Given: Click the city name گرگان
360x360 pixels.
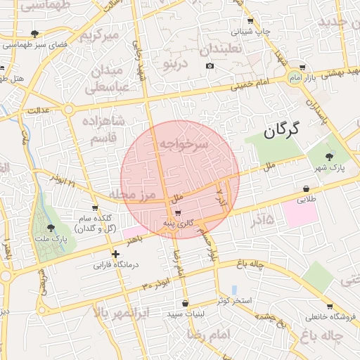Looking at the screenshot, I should pyautogui.click(x=282, y=130).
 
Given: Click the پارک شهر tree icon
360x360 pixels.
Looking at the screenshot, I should pyautogui.click(x=330, y=156).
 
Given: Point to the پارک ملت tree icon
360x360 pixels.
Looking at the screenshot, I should pyautogui.click(x=51, y=227).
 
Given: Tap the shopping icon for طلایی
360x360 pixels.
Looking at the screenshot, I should pyautogui.click(x=306, y=188).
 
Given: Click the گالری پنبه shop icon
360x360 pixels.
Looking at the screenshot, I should pyautogui.click(x=177, y=212).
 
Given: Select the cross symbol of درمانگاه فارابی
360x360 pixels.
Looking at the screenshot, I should pyautogui.click(x=115, y=254).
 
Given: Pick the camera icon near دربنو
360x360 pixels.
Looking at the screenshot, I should pyautogui.click(x=210, y=66).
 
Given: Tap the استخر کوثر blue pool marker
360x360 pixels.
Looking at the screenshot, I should pyautogui.click(x=234, y=290).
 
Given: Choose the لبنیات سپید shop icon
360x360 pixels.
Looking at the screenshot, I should pyautogui.click(x=185, y=304).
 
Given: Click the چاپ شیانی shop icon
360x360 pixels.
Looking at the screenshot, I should pyautogui.click(x=251, y=21).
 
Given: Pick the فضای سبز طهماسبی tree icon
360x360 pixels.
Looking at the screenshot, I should pyautogui.click(x=35, y=33).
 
